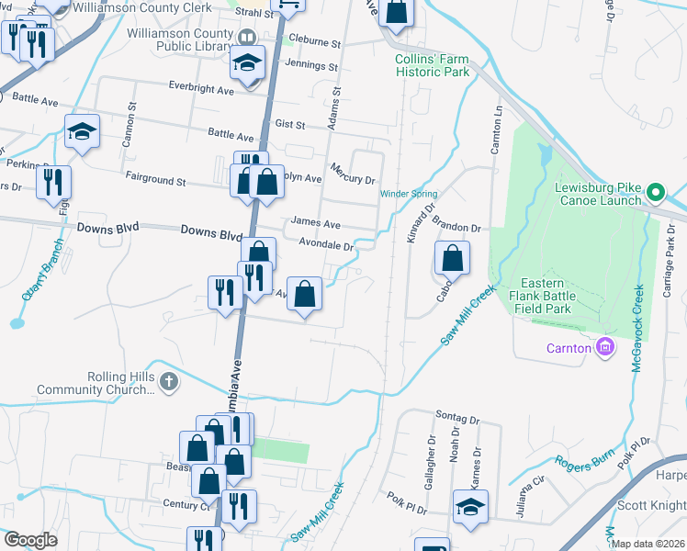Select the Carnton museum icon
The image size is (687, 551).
click(x=604, y=347)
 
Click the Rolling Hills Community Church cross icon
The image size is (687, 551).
click(x=168, y=381)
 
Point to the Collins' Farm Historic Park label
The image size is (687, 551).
click(x=432, y=65)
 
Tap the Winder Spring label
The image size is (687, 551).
click(x=410, y=194)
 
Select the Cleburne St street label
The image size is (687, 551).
click(x=314, y=42)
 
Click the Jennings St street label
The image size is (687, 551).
click(x=311, y=65)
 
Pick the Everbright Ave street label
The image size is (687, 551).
click(x=201, y=89)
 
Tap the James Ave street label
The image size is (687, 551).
click(x=315, y=223)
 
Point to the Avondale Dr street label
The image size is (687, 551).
click(x=326, y=245)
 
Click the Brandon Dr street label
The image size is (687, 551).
click(x=456, y=227)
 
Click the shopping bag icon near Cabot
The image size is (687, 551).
click(x=453, y=258)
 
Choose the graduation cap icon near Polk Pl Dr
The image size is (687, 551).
click(x=470, y=506)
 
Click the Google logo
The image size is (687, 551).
click(x=30, y=540)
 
